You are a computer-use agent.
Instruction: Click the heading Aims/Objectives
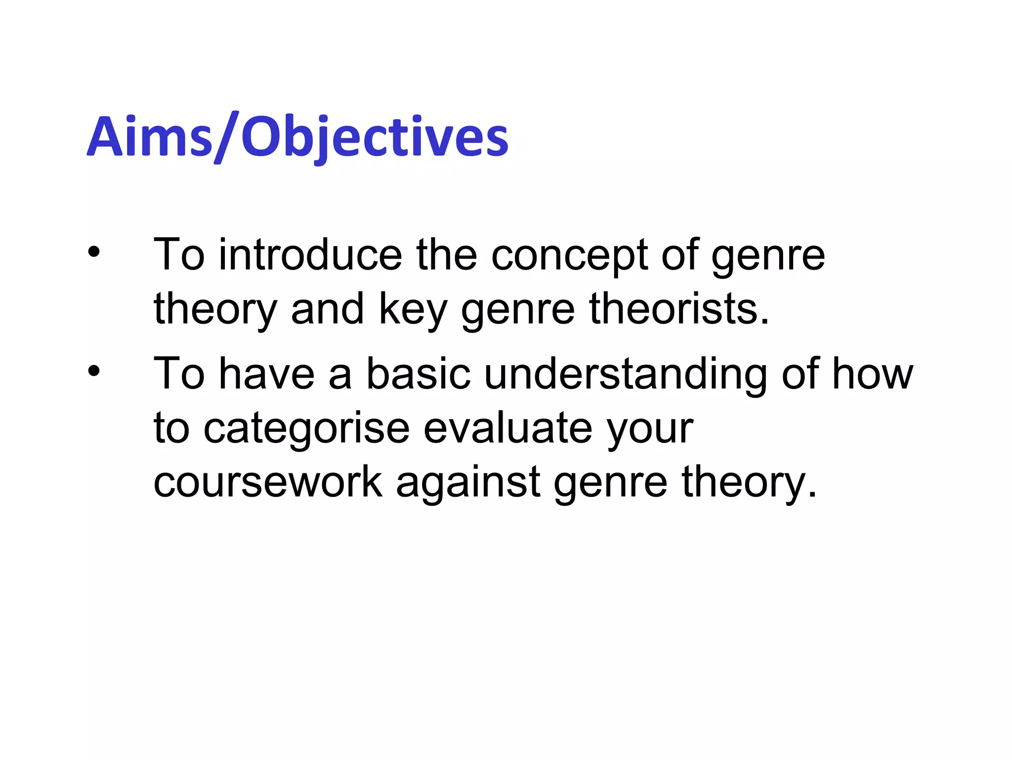pos(297,137)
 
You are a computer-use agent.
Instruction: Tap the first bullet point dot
pos(94,253)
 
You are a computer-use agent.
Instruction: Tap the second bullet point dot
pos(94,371)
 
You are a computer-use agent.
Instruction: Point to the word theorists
pos(679,309)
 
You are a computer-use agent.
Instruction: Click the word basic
pos(418,374)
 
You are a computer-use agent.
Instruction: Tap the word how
pos(873,374)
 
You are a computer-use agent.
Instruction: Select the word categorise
pos(306,429)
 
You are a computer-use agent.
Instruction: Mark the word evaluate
pos(507,428)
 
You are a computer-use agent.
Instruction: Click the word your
pos(650,429)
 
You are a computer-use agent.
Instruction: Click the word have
pos(266,374)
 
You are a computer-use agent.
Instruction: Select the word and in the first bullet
pos(327,309)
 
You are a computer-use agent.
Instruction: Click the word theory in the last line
pos(749,483)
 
